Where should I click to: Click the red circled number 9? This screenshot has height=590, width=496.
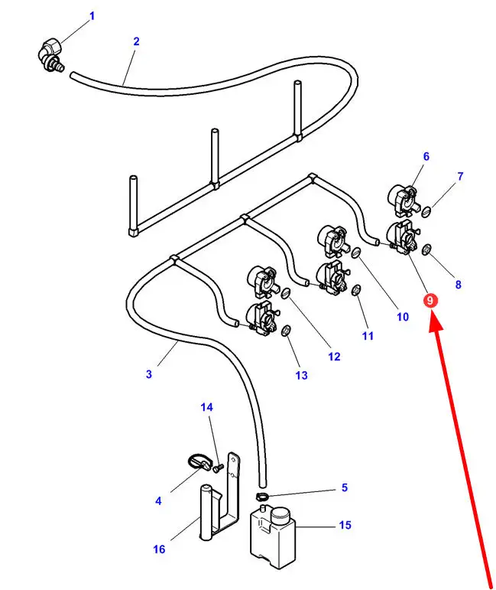click(430, 300)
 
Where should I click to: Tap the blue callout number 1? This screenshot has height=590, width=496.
click(92, 15)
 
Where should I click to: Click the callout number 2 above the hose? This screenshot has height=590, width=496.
click(136, 41)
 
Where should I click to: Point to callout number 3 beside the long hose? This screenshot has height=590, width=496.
click(148, 374)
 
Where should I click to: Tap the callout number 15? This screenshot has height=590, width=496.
click(345, 525)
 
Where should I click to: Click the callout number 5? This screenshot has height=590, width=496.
click(344, 487)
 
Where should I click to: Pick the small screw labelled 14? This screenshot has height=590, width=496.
click(217, 468)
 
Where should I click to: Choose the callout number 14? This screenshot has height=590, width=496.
click(206, 407)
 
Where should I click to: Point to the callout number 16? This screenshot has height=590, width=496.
click(159, 549)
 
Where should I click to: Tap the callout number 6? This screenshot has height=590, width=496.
click(426, 157)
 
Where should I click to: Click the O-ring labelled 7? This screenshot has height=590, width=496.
click(429, 210)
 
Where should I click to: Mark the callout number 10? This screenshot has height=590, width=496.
click(403, 315)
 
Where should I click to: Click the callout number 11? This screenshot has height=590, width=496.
click(368, 335)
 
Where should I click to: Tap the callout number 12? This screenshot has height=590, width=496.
click(334, 356)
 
